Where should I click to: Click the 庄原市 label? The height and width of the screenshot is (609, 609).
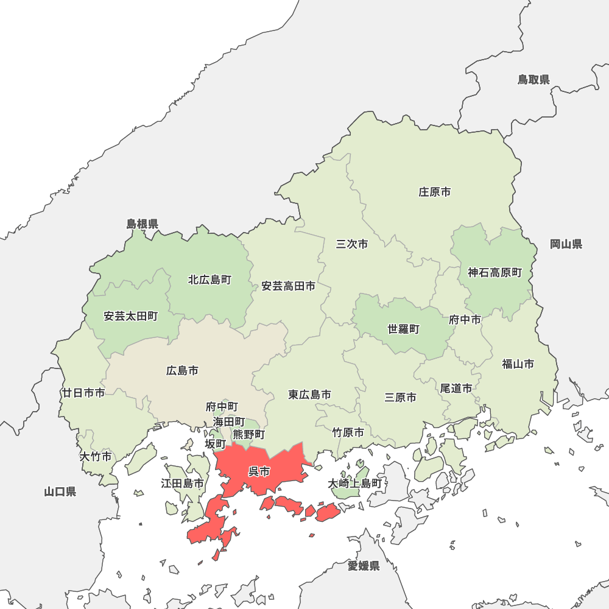coord(435,192)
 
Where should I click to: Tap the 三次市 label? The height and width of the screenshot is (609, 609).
coord(352,244)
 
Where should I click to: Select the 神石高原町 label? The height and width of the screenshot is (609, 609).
coord(495,273)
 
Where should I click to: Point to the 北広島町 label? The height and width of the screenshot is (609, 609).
coord(209,280)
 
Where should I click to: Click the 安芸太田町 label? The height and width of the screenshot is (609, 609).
coord(130,316)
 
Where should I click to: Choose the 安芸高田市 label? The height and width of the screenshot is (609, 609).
coord(289,286)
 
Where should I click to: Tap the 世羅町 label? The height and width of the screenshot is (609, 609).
coord(403,329)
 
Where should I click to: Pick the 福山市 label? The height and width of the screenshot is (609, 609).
coord(518,364)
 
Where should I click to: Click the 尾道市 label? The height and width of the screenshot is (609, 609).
coord(456,388)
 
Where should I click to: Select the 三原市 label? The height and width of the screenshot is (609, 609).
coord(401,397)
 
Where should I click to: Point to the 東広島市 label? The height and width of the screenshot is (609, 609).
coord(310,395)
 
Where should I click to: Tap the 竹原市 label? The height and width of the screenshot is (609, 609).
coord(348,432)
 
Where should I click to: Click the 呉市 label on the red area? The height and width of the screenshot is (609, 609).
coord(259,471)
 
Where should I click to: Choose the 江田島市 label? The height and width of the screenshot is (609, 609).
coord(182,484)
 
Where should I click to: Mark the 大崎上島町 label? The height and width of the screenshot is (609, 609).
coord(355,484)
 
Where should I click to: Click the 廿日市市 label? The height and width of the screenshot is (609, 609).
coord(83,393)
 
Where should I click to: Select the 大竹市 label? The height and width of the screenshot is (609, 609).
coord(96,456)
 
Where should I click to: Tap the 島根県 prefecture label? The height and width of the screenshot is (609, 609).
coord(143,224)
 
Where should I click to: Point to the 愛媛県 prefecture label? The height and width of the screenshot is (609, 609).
coord(364,566)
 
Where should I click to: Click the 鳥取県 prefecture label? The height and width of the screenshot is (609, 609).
coord(534,79)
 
